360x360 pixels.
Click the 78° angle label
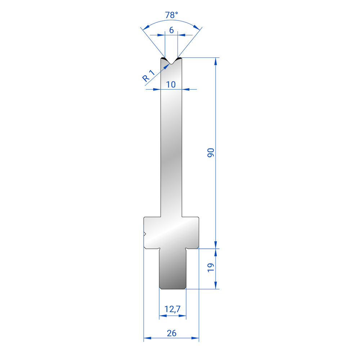(x=171, y=15)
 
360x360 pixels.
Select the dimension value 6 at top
(x=171, y=30)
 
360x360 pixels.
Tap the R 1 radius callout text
(x=149, y=76)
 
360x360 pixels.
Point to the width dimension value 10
(x=171, y=85)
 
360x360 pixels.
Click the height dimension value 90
(x=211, y=153)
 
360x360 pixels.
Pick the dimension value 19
(x=211, y=268)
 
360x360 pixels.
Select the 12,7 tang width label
(x=172, y=309)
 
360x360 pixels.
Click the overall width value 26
(x=171, y=333)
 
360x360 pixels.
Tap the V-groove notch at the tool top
(x=171, y=61)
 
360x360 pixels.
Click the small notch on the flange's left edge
(x=145, y=234)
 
